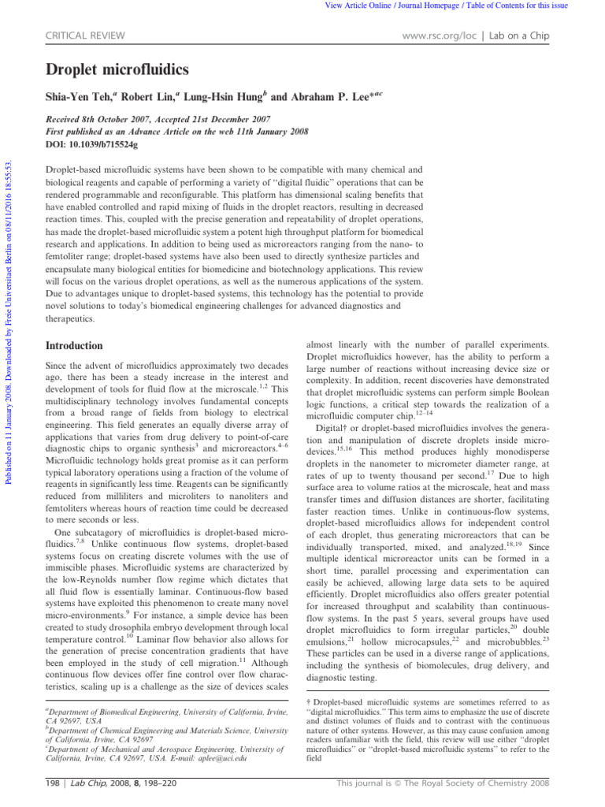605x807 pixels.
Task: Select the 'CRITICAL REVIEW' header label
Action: pyautogui.click(x=78, y=35)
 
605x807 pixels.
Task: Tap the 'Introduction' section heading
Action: pyautogui.click(x=74, y=345)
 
